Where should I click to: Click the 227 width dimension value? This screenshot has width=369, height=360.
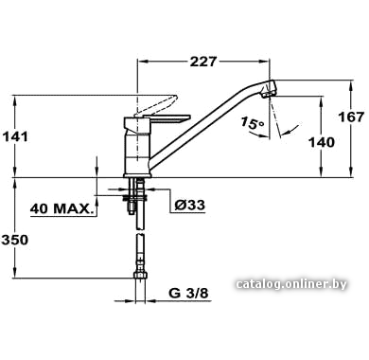(x=203, y=62)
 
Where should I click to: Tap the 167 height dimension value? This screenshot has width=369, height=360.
(x=351, y=117)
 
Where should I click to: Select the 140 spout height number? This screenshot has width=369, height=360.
(x=322, y=142)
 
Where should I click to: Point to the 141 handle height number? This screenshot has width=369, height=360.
(x=15, y=136)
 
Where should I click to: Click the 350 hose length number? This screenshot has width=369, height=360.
(x=15, y=240)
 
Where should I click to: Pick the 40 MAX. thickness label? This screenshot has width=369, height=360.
(x=62, y=208)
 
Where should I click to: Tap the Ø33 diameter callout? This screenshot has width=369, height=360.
(x=190, y=206)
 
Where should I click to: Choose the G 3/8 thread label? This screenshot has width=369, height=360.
(x=188, y=294)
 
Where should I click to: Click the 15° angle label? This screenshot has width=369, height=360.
(x=253, y=122)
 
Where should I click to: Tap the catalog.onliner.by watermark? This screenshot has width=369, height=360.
(x=291, y=284)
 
